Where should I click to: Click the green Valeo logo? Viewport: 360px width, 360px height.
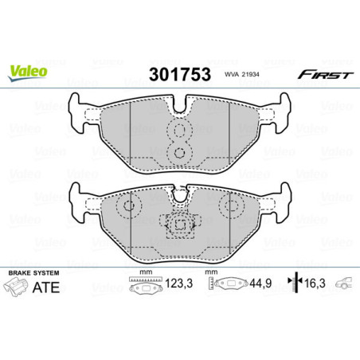[x=27, y=71]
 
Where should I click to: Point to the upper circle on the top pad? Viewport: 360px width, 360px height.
[x=180, y=129]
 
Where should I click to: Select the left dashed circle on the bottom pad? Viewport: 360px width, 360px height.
[x=125, y=208]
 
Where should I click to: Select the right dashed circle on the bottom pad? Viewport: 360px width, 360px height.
[x=235, y=208]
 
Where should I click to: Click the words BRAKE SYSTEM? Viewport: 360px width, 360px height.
[x=29, y=273]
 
